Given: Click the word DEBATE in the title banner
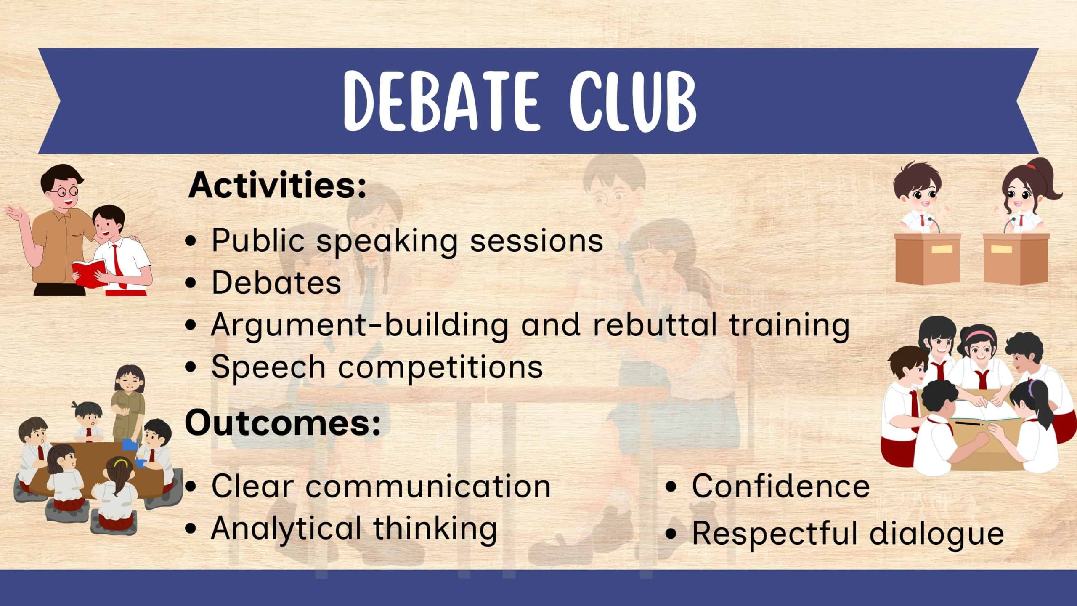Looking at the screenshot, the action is tap(441, 101).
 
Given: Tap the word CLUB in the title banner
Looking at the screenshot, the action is tap(633, 101).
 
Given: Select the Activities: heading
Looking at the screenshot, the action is tap(277, 185).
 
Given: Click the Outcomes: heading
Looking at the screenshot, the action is tap(283, 423).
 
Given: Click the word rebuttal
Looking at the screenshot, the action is tap(655, 324).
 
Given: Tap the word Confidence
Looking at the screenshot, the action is tap(781, 486).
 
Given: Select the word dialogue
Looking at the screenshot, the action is tap(937, 534).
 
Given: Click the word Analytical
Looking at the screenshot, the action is tap(286, 529).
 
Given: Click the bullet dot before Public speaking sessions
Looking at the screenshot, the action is tap(191, 241).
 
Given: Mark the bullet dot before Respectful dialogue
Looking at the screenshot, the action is tap(671, 534).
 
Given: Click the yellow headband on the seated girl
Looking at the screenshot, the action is tap(121, 463).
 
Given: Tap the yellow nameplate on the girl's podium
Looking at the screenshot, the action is tap(1001, 249).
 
